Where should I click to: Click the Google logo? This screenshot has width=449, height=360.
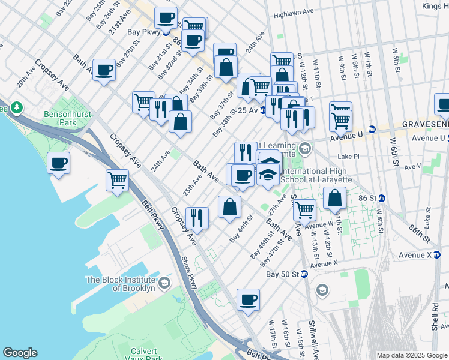[x=20, y=353]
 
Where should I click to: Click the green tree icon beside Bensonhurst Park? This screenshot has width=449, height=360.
[x=17, y=108]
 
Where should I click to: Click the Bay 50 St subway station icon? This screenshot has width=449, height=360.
[x=304, y=274]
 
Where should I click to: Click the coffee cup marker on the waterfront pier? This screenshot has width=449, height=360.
[x=59, y=163]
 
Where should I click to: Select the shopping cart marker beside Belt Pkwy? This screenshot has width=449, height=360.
[x=118, y=179]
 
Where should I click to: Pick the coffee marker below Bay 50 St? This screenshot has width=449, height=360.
[x=247, y=299]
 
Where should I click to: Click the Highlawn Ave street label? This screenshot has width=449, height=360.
[x=294, y=13]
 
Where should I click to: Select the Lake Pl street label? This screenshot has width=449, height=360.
[x=348, y=157]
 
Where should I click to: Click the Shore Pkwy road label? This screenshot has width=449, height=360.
[x=188, y=274]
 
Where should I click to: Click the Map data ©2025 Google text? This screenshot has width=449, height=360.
[x=411, y=355]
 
